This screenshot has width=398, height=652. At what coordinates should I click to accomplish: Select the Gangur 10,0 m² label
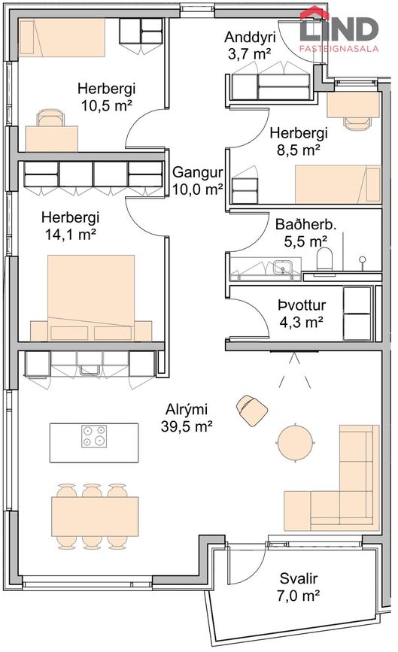pyautogui.click(x=197, y=180)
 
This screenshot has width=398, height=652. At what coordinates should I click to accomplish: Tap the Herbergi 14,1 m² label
pyautogui.click(x=70, y=225)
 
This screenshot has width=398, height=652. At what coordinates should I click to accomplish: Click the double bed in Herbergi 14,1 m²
pyautogui.click(x=90, y=299)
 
